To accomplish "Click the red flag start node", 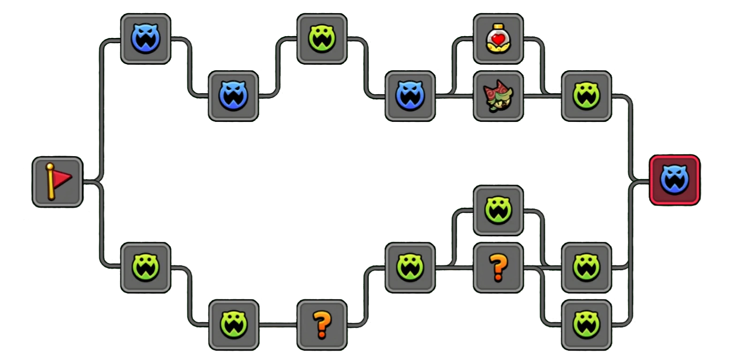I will pyautogui.click(x=58, y=182).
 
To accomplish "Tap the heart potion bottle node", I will pyautogui.click(x=498, y=39).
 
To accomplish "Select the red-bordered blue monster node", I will pyautogui.click(x=674, y=180).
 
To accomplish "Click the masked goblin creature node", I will pyautogui.click(x=498, y=96).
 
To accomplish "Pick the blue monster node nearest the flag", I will pyautogui.click(x=145, y=39).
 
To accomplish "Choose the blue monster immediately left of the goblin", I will pyautogui.click(x=410, y=96).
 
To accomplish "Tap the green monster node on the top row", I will pyautogui.click(x=322, y=39).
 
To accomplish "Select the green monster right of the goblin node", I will pyautogui.click(x=586, y=96).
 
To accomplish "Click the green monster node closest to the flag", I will pyautogui.click(x=145, y=267).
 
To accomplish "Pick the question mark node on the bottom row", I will pyautogui.click(x=322, y=325).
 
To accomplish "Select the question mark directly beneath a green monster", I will pyautogui.click(x=498, y=267).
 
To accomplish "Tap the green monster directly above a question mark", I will pyautogui.click(x=498, y=210).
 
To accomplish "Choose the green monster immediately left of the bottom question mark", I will pyautogui.click(x=234, y=325).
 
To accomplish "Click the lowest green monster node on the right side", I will pyautogui.click(x=586, y=325).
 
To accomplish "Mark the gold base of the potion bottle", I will pyautogui.click(x=498, y=47).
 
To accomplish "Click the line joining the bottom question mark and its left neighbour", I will pyautogui.click(x=278, y=324).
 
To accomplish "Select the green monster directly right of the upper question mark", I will pyautogui.click(x=586, y=267).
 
